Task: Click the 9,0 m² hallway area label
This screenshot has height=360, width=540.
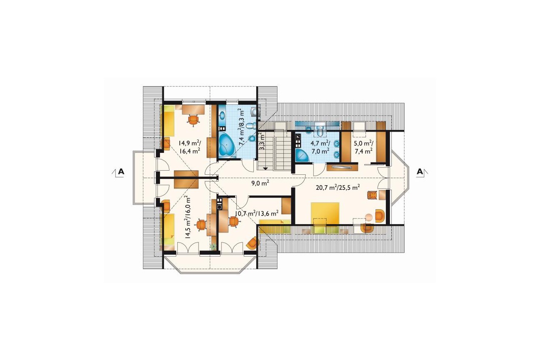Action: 260,184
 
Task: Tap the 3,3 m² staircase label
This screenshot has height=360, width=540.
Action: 262,142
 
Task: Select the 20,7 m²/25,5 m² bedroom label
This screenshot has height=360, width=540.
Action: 338,187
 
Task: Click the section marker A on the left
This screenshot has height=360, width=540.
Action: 121,171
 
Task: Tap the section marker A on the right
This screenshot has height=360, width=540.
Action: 420,171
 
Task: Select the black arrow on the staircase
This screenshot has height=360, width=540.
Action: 265,169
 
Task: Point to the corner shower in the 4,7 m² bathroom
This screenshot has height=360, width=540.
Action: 302,155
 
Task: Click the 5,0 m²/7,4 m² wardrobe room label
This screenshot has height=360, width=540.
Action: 363,147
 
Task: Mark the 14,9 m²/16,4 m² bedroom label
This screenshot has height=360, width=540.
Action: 189,147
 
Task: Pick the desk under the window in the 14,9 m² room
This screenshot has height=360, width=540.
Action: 193,109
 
